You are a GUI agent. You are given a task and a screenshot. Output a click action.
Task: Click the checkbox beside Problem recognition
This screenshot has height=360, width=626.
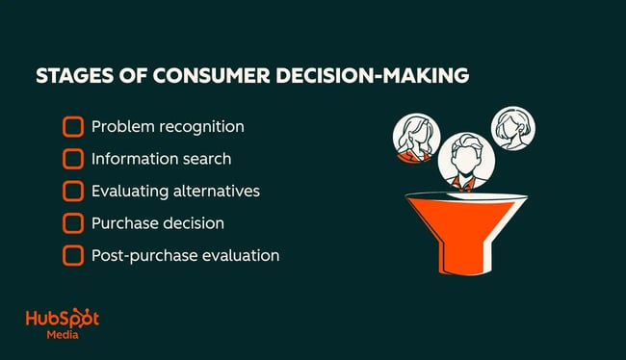pyautogui.click(x=73, y=127)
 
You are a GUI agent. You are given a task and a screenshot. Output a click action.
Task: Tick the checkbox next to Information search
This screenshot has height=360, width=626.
pyautogui.click(x=73, y=159)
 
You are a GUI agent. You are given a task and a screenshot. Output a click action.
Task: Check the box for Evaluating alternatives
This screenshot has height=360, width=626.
pyautogui.click(x=73, y=191)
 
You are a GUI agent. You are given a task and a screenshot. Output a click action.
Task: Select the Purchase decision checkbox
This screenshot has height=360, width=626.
pyautogui.click(x=73, y=223)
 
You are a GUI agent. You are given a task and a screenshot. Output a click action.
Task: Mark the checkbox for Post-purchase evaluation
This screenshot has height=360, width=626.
pyautogui.click(x=73, y=256)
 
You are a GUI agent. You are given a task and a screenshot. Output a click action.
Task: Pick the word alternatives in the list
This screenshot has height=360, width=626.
pyautogui.click(x=213, y=191)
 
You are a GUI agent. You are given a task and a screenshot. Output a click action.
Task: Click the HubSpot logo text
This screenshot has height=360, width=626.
pyautogui.click(x=62, y=321)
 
